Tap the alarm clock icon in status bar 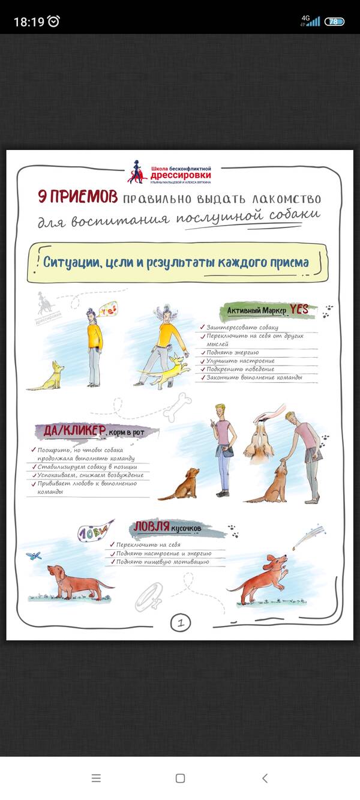(x=54, y=22)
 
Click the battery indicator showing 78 (x=334, y=22)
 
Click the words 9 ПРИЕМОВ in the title (x=77, y=197)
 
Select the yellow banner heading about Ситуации (x=176, y=262)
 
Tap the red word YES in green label (x=299, y=309)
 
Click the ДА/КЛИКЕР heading (x=75, y=431)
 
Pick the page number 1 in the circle (x=180, y=622)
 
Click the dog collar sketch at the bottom (x=148, y=597)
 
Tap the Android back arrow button (x=265, y=778)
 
